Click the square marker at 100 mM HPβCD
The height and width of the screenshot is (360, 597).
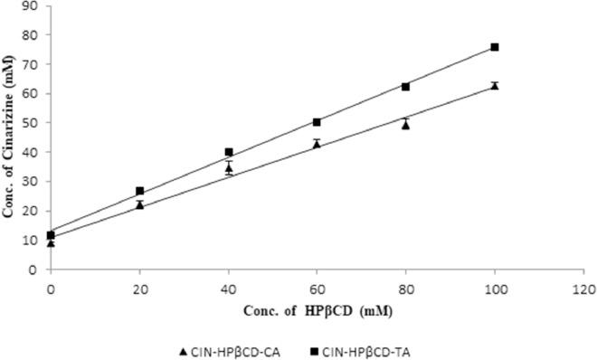(495, 47)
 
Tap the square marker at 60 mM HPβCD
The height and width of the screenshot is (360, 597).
(317, 122)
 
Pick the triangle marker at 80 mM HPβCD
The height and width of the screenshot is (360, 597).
(406, 125)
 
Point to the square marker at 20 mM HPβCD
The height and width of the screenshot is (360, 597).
(140, 191)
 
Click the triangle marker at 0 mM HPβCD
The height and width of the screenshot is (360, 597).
(52, 242)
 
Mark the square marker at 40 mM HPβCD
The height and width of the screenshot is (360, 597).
(229, 152)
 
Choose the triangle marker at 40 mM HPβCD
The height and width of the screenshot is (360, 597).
(229, 168)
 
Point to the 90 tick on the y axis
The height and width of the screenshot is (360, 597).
(35, 5)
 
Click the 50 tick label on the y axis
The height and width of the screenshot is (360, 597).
(35, 123)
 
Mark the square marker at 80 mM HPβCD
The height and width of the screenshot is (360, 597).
(406, 87)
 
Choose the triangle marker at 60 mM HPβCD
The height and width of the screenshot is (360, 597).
(317, 144)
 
